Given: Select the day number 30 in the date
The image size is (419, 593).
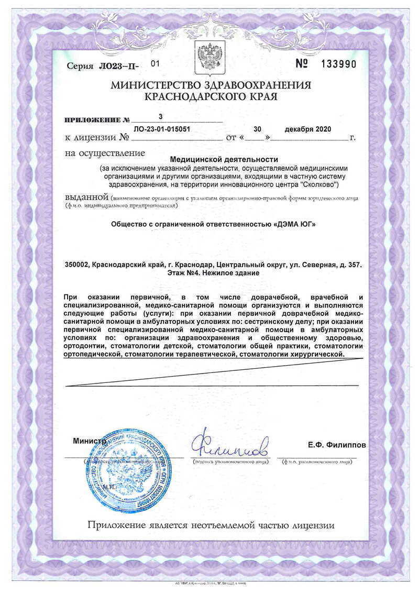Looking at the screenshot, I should pyautogui.click(x=257, y=129).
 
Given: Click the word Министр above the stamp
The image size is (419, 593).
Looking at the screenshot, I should pyautogui.click(x=89, y=442).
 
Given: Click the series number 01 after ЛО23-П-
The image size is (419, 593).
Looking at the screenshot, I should pyautogui.click(x=154, y=63).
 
